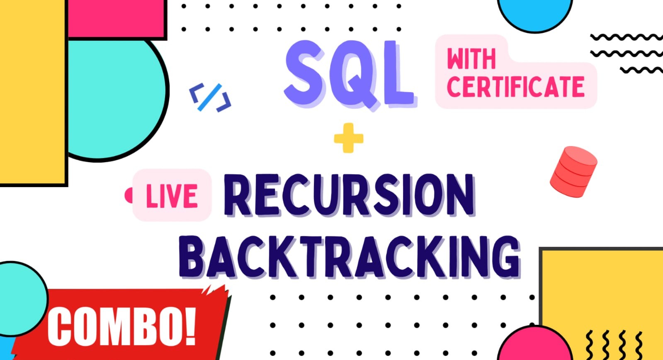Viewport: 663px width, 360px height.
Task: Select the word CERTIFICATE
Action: pos(516,86)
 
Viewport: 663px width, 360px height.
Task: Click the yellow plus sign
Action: pos(348,138)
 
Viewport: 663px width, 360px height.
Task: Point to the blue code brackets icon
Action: pos(210,97)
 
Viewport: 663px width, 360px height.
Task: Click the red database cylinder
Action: pos(573,172)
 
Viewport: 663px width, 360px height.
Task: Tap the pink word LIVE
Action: pos(172,196)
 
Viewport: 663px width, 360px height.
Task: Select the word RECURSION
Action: pos(350,195)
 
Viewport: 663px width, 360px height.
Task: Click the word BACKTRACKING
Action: pos(349,257)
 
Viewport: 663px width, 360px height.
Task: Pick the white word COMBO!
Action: pos(122,326)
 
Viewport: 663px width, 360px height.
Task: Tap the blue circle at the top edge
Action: pos(535,13)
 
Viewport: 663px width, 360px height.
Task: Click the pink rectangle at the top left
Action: pos(117,18)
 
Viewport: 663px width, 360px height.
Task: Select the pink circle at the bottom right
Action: pos(535,345)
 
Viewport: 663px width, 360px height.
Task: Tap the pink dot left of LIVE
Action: pos(129,195)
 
